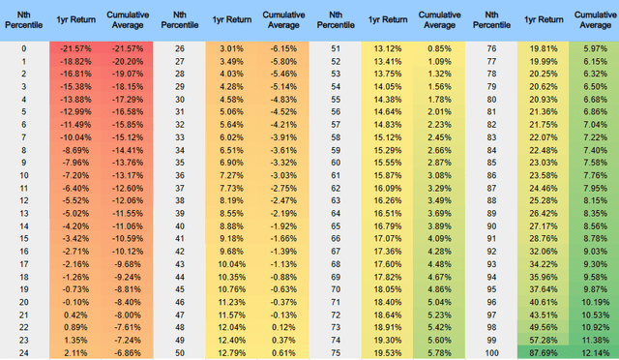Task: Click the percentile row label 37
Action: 181,187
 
